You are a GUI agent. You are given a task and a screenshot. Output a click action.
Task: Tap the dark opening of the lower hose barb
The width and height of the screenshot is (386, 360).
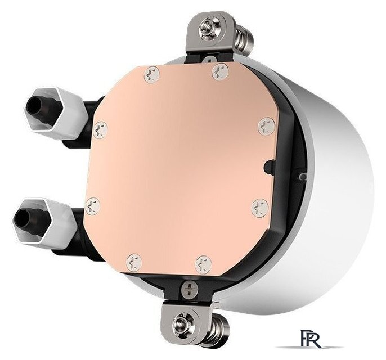(x=22, y=218)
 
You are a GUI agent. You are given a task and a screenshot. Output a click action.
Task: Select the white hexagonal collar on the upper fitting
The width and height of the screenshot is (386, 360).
(x=56, y=111)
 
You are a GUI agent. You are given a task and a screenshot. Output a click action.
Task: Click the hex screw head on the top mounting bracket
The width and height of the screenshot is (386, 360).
(x=209, y=28)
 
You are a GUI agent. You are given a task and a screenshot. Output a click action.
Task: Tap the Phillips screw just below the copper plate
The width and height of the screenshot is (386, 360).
(x=190, y=288)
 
